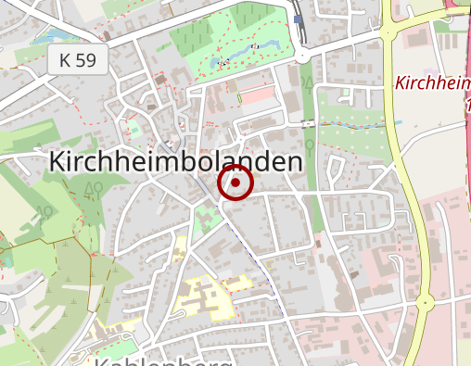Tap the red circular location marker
tap(235, 183)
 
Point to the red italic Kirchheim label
tap(432, 82)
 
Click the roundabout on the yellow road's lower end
tap(425, 302)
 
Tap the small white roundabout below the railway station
tap(302, 56)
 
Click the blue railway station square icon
tap(299, 19)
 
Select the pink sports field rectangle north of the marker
tap(259, 95)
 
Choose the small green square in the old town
tap(135, 127)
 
